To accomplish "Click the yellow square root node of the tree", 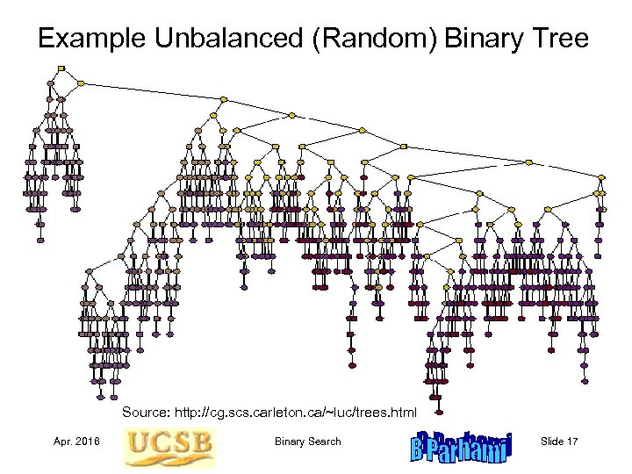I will coord(61,68).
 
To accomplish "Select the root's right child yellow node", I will coord(81,84).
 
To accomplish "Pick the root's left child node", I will coord(51,83).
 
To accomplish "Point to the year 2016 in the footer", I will coord(88,442).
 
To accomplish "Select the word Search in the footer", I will coord(325,442).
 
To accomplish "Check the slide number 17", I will coord(572,442).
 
